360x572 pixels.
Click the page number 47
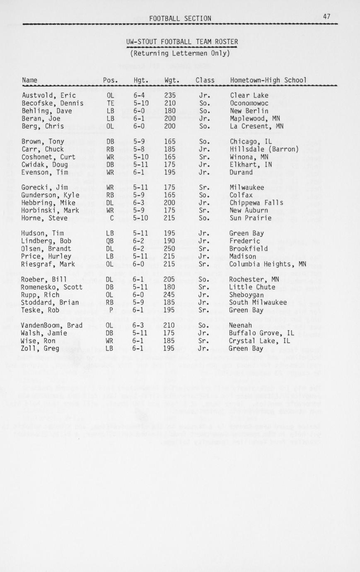coord(326,17)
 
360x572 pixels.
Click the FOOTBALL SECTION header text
coord(180,18)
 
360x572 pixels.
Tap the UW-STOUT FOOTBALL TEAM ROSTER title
coord(182,42)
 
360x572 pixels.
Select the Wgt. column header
coord(171,80)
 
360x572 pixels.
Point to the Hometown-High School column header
coord(268,80)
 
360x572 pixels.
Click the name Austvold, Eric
coord(48,96)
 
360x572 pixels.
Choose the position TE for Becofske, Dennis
coord(110,103)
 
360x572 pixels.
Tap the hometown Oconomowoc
coord(249,103)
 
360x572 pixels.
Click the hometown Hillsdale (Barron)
coord(264,149)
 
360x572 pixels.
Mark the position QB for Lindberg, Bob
coord(110,241)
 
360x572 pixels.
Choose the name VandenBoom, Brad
coord(52,325)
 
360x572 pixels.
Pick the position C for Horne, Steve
coord(111,218)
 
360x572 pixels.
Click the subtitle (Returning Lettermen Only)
coord(180,53)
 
